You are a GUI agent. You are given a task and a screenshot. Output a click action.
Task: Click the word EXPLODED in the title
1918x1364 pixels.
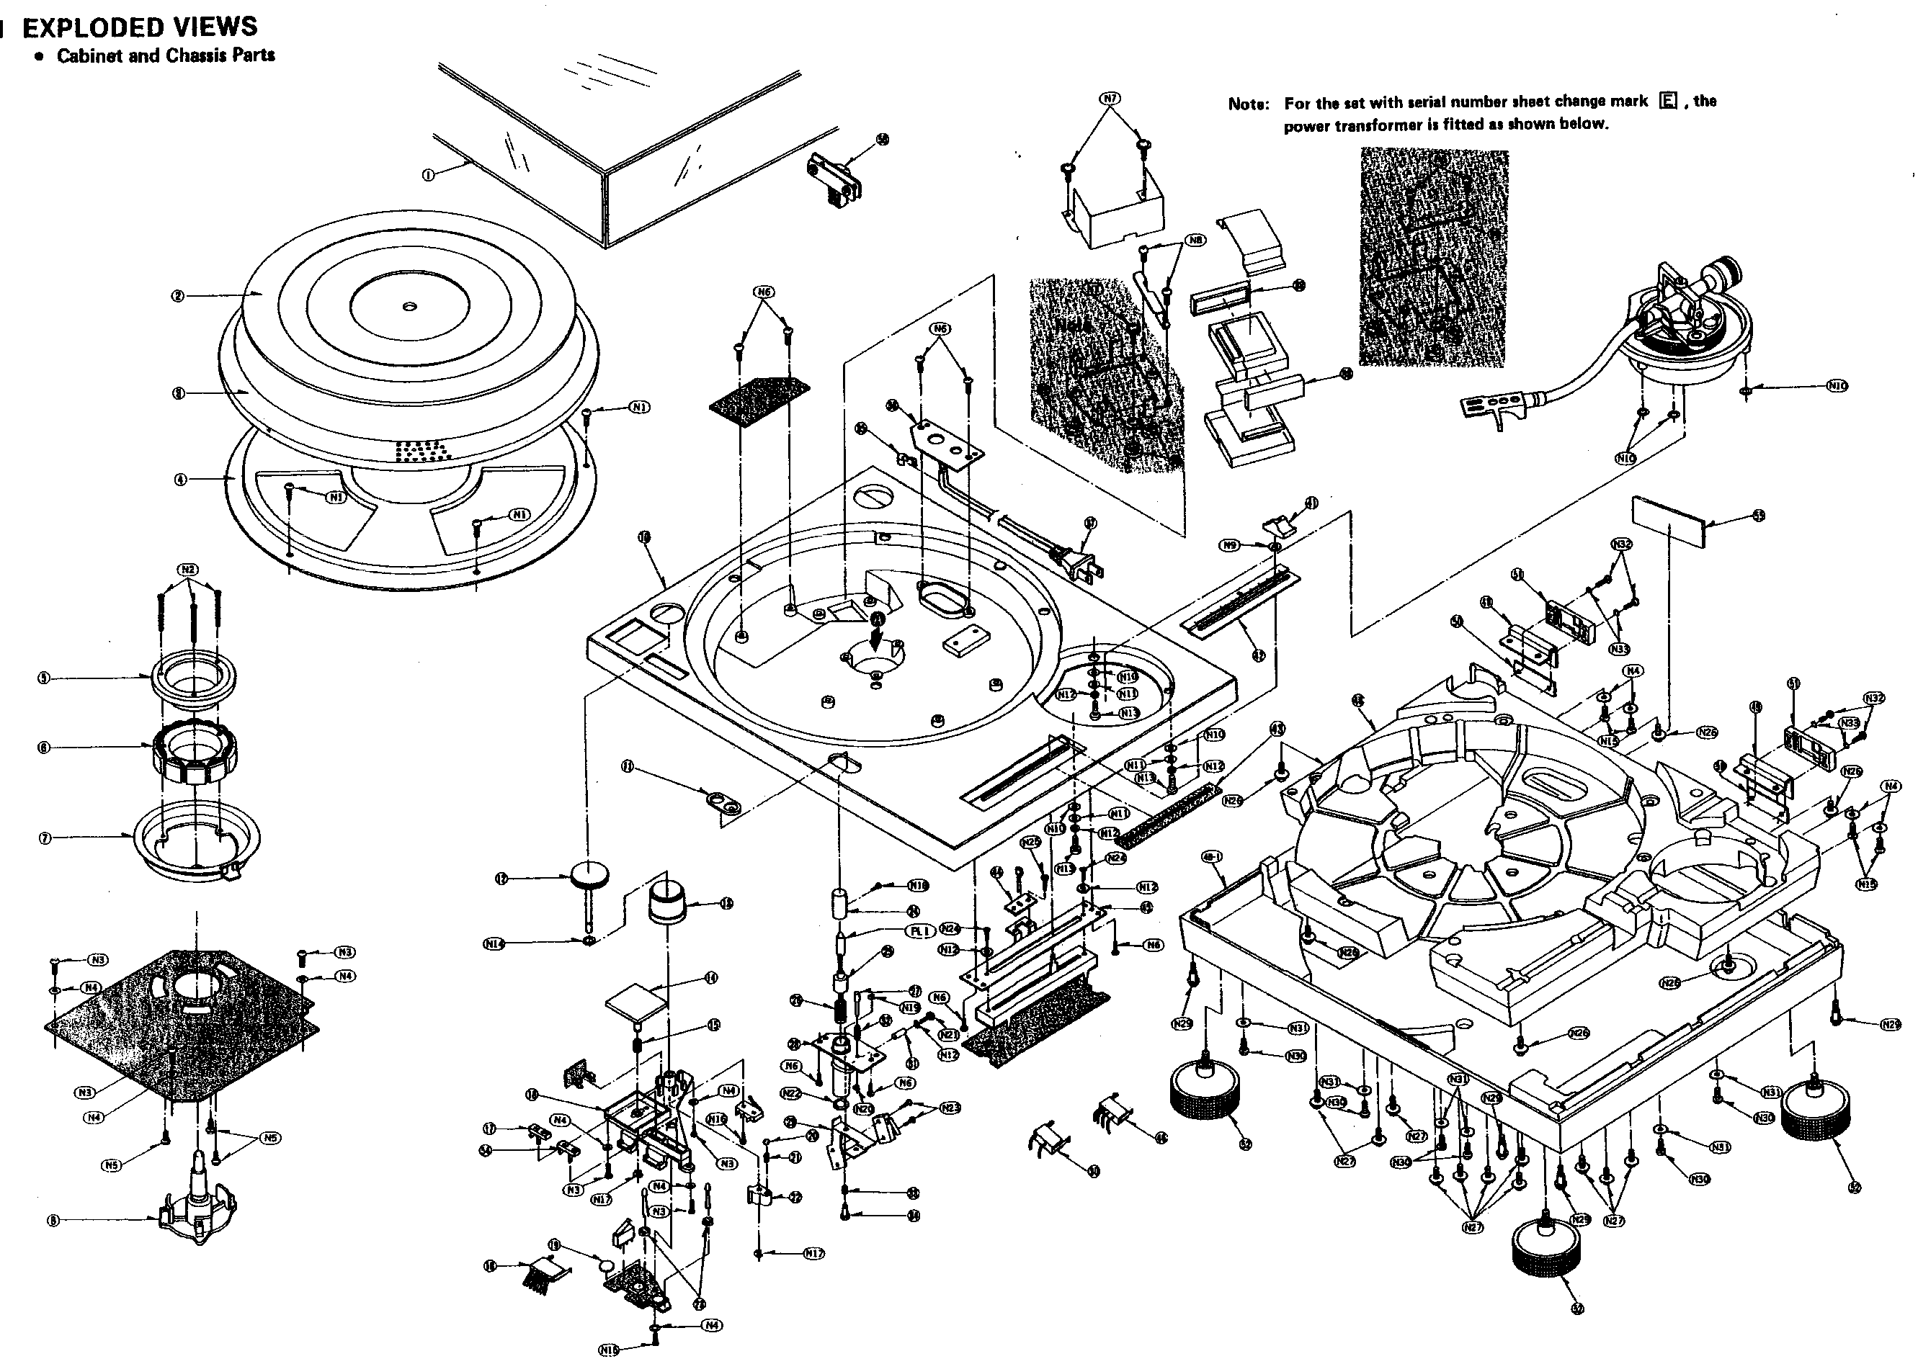click(x=93, y=27)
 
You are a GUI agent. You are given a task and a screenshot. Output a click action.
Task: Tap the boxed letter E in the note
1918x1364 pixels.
click(x=1668, y=101)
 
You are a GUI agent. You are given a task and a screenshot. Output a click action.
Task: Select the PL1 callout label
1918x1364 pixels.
click(x=919, y=930)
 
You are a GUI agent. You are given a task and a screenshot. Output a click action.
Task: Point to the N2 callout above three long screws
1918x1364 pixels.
click(x=188, y=570)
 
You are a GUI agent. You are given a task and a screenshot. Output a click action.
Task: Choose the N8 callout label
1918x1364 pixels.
click(x=1195, y=241)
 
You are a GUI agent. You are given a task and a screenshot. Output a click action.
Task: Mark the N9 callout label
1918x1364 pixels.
click(x=1230, y=545)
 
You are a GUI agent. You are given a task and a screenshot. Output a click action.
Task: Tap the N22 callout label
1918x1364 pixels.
click(x=790, y=1092)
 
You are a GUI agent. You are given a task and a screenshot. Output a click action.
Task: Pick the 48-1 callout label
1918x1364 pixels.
click(x=1211, y=857)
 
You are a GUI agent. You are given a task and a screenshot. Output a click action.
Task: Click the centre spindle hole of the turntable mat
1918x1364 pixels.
click(x=409, y=307)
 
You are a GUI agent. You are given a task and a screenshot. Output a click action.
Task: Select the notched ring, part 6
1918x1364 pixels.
click(x=194, y=749)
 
